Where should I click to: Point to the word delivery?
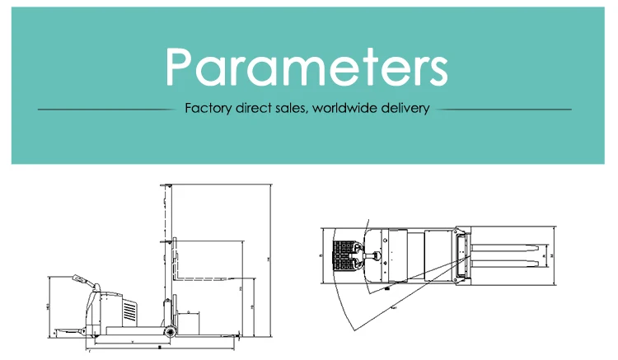click(x=405, y=108)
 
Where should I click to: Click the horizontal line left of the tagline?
click(x=107, y=109)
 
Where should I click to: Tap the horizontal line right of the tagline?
click(x=504, y=109)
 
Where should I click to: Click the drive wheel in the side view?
click(x=171, y=331)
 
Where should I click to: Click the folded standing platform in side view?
click(x=74, y=330)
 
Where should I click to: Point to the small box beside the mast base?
click(x=191, y=322)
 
